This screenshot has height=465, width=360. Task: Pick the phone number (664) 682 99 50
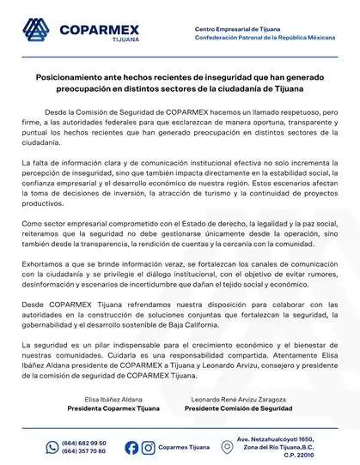85,443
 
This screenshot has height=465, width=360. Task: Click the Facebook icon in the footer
131,448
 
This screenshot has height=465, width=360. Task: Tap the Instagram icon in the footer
148,448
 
